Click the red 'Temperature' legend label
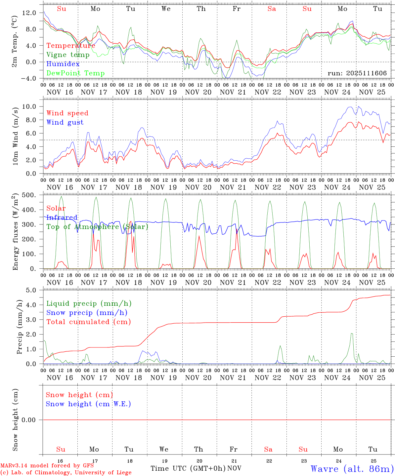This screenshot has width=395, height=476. pos(71,46)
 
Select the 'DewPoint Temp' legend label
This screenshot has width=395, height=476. pos(75,73)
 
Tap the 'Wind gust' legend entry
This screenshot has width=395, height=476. pos(65,122)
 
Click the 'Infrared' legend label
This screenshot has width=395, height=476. pos(62,218)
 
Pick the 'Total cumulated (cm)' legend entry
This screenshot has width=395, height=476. pos(88,322)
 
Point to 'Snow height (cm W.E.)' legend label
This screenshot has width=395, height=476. pos(88,404)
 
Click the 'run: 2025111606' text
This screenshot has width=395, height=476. pos(357,73)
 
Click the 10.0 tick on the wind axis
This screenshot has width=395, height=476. pos(31,106)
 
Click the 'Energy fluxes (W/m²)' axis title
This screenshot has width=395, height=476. pos(15,232)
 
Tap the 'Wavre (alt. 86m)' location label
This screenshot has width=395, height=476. pos(352,468)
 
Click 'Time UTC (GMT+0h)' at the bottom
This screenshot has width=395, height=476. pos(188,468)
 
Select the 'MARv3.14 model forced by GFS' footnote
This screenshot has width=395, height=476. pos(47,466)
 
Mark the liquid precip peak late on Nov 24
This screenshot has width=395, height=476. pos(352,333)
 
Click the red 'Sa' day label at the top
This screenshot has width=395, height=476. pos(272,9)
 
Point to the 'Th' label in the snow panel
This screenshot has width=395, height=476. pos(198,449)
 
